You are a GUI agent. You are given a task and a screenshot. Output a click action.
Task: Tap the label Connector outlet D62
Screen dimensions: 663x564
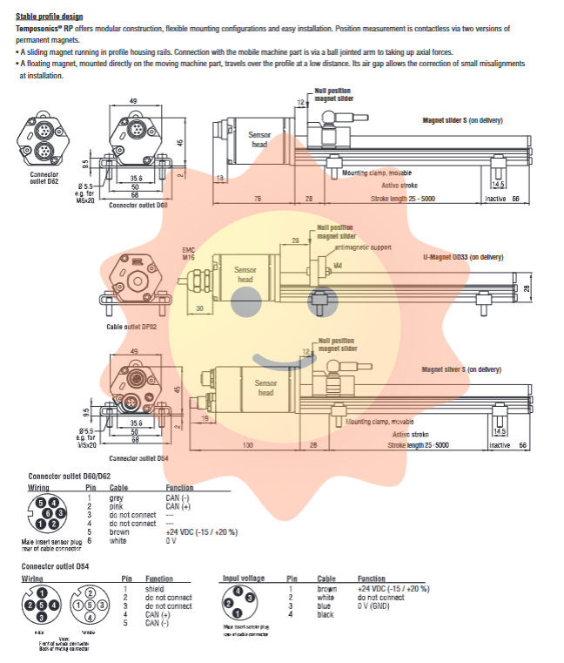(37, 178)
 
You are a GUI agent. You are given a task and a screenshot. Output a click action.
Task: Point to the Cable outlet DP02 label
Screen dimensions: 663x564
(131, 327)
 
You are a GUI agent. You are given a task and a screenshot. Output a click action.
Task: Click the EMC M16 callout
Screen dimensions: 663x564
(189, 254)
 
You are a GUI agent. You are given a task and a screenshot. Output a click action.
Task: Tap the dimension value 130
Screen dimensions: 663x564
(248, 445)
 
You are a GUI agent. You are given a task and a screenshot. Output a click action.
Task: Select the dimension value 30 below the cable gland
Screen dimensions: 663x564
(198, 308)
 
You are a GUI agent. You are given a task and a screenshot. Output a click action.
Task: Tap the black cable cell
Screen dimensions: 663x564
(326, 615)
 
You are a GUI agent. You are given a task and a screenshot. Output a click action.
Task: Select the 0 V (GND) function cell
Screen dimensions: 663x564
(379, 606)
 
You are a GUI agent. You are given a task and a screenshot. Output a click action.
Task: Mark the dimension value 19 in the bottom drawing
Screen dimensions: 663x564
(204, 420)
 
